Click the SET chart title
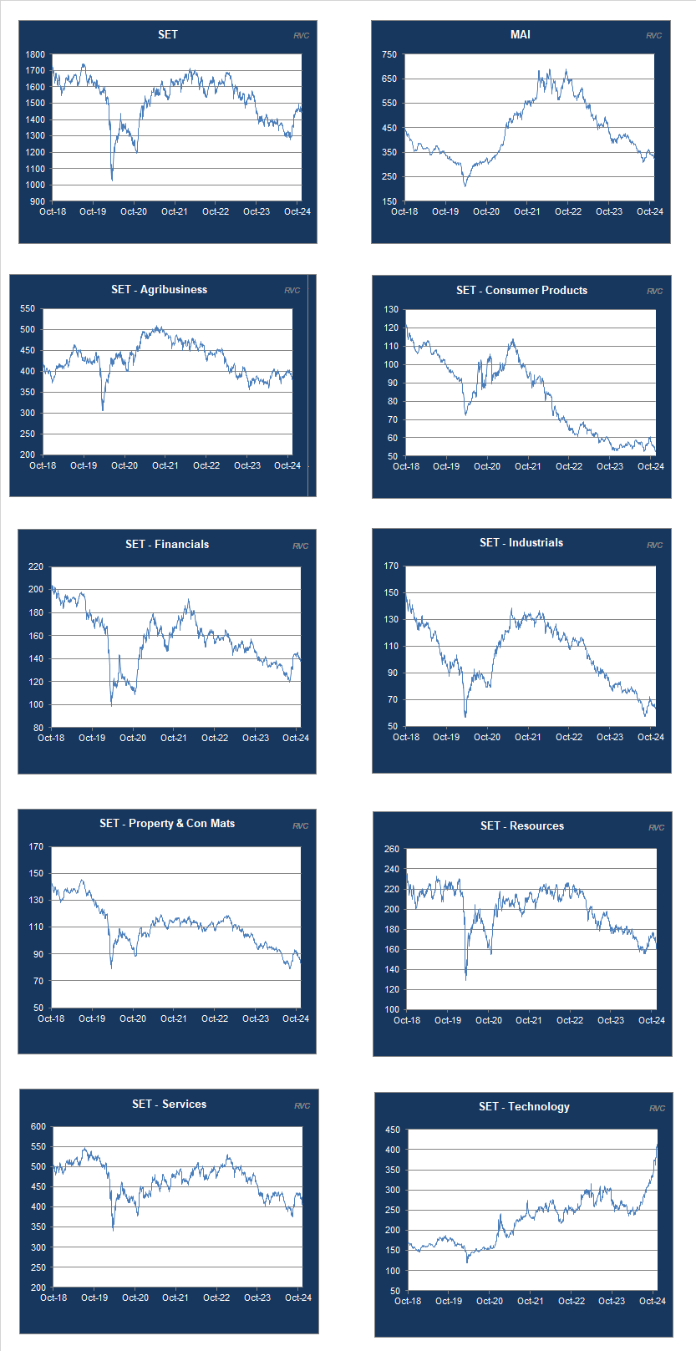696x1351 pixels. (167, 34)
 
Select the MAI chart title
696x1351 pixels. (520, 34)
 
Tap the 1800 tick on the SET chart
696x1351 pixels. (35, 54)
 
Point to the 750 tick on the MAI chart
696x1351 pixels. (389, 54)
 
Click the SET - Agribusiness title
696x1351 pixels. (159, 289)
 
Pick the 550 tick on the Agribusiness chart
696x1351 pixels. (28, 309)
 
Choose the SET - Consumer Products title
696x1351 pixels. (521, 290)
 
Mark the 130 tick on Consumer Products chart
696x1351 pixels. (391, 310)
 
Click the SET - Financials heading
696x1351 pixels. (167, 544)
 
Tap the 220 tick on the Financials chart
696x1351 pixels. (36, 566)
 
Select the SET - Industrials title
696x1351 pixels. (521, 542)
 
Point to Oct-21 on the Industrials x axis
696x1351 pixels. (527, 737)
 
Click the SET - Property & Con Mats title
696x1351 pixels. (167, 823)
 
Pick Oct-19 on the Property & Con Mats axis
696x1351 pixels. (92, 1018)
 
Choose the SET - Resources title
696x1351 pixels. (522, 825)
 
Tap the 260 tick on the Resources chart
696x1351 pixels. (391, 849)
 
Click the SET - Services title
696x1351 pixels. (169, 1104)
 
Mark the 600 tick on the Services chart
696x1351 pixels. (38, 1126)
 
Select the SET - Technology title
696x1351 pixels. (524, 1106)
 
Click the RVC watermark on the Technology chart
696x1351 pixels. (657, 1108)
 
